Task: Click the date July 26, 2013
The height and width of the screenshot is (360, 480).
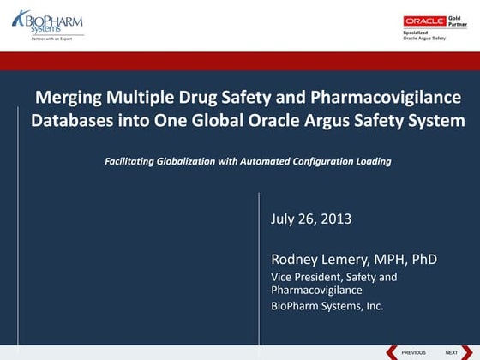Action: tap(311, 219)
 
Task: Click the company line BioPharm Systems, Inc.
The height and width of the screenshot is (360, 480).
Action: tap(327, 305)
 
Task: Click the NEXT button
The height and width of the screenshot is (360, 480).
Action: tap(451, 352)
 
